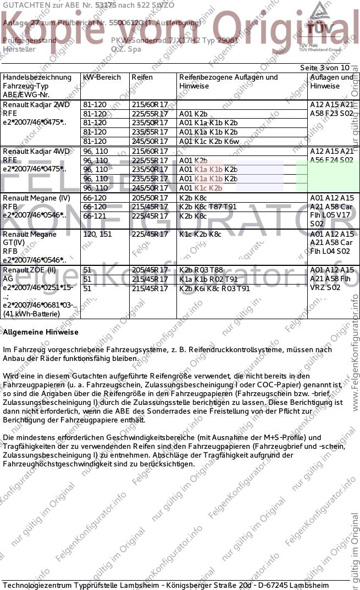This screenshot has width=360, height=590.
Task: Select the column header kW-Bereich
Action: [102, 77]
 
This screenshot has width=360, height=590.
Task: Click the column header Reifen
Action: [142, 77]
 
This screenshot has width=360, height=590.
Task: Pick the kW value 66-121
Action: [95, 216]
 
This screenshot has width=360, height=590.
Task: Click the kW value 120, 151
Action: [97, 234]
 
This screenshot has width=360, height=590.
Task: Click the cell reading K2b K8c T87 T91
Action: [208, 207]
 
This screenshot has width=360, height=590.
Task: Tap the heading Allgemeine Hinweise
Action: [41, 332]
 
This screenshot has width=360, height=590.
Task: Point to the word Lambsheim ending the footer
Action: [309, 585]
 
